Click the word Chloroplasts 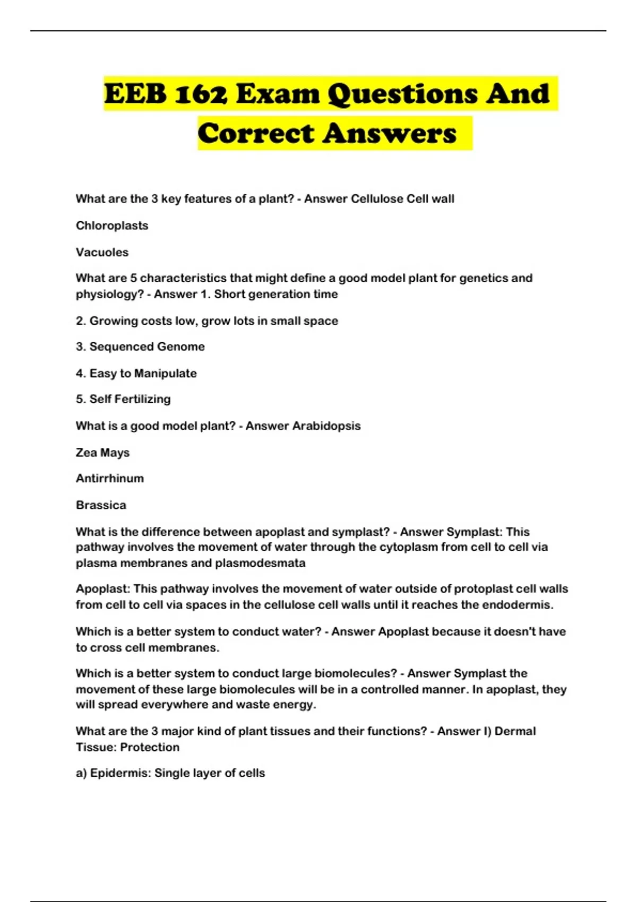click(x=112, y=226)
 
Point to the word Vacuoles click(x=102, y=253)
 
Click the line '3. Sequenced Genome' click(x=140, y=346)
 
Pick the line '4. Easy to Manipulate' click(x=136, y=374)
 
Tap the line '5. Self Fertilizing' click(x=123, y=399)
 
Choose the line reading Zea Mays click(x=102, y=453)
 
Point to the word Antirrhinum click(x=110, y=479)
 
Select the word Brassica click(x=101, y=505)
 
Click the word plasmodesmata click(x=260, y=563)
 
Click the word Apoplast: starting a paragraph click(x=103, y=589)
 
